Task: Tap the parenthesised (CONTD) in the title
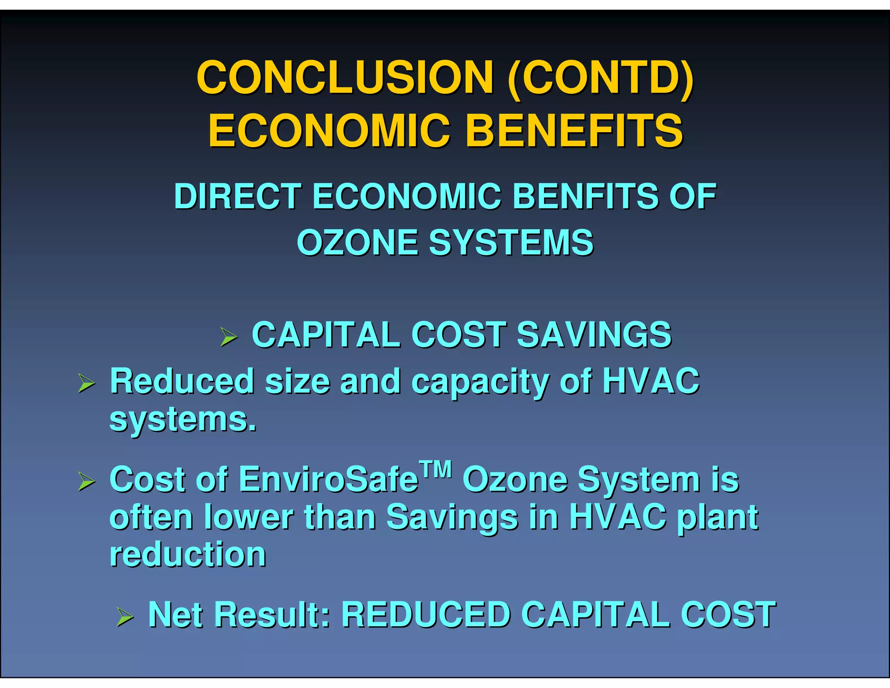[x=601, y=78]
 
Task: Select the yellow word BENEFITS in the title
[x=574, y=130]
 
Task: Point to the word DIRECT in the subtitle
[x=238, y=197]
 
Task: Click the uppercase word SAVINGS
[x=594, y=335]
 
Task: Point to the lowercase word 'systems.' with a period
[x=183, y=420]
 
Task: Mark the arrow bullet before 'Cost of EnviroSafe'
[x=86, y=481]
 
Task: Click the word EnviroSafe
[x=329, y=480]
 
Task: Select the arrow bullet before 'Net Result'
[x=125, y=617]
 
